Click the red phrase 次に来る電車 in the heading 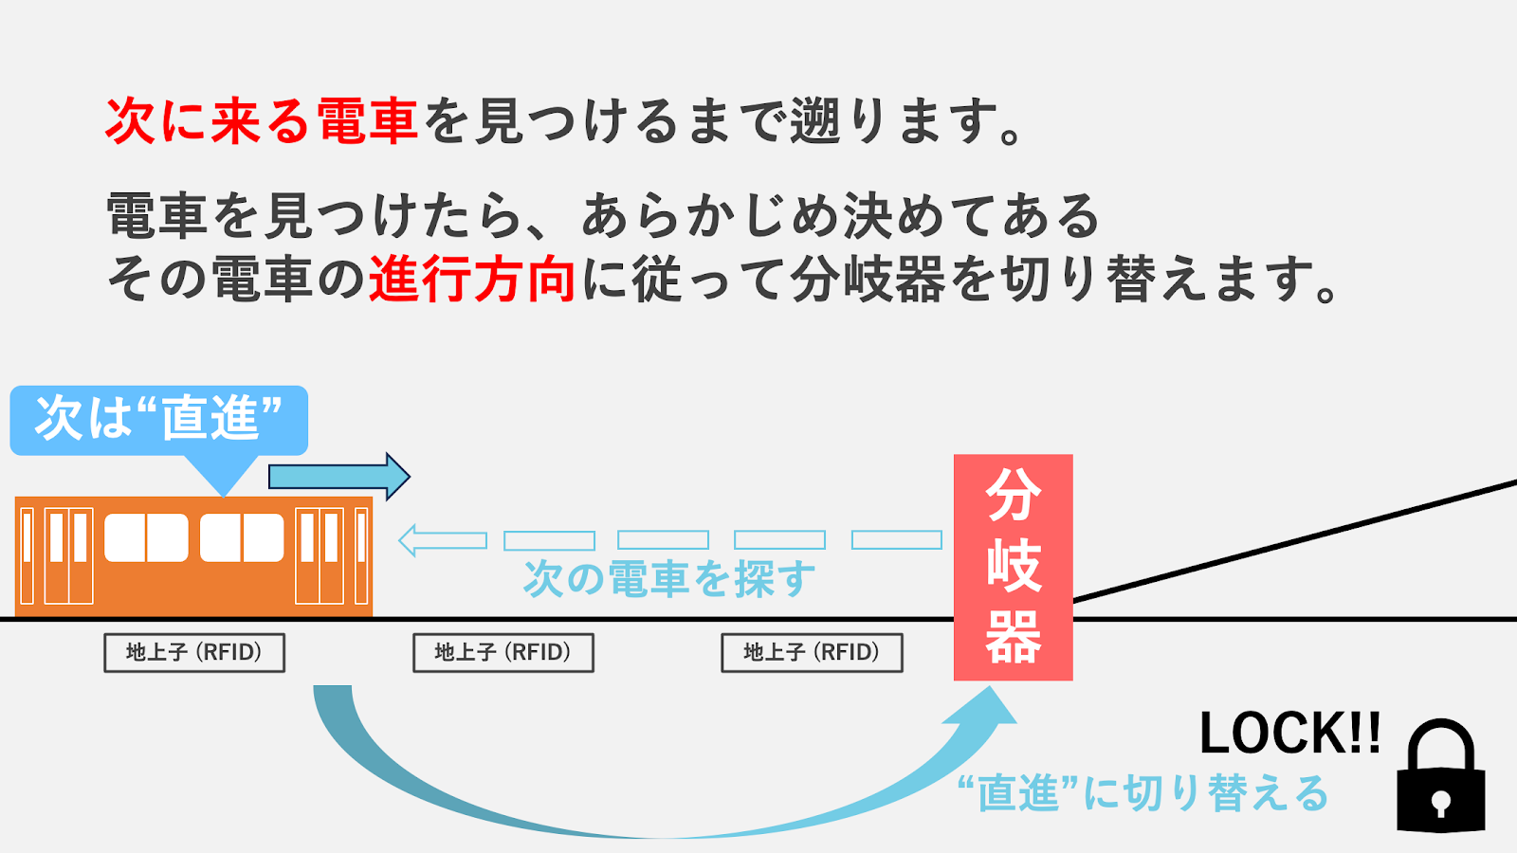click(261, 121)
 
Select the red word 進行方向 click(471, 280)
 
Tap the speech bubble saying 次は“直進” click(158, 418)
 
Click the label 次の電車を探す click(668, 578)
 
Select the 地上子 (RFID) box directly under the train click(194, 652)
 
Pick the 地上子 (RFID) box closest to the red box click(812, 652)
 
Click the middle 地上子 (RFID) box click(503, 652)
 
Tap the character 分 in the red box click(1013, 495)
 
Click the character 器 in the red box click(1013, 637)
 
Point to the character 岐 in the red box click(1013, 566)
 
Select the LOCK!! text click(1289, 734)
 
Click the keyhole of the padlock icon click(1441, 804)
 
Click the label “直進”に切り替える click(1142, 793)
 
